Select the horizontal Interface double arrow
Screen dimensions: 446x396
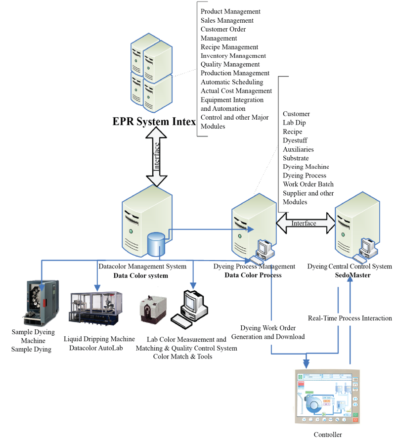(x=304, y=223)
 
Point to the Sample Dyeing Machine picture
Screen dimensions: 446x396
(x=42, y=302)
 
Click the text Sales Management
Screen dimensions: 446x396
(x=227, y=20)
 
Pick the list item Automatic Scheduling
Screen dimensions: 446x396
(x=232, y=82)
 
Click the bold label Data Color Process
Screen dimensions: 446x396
(x=253, y=275)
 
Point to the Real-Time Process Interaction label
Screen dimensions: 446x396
(x=350, y=318)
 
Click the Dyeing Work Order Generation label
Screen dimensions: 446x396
(x=268, y=332)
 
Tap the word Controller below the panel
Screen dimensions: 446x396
(x=328, y=435)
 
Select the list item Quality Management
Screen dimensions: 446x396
(x=230, y=64)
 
